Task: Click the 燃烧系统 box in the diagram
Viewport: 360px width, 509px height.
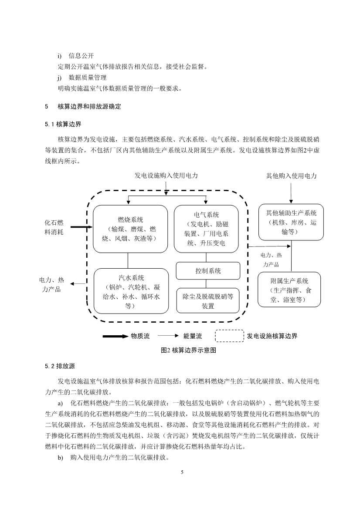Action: pos(130,229)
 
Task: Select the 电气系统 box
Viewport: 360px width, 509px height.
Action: pos(206,229)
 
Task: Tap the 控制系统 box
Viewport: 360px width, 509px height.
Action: pos(208,271)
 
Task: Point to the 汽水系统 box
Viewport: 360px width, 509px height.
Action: pos(131,290)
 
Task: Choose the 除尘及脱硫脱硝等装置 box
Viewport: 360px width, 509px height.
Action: pos(208,300)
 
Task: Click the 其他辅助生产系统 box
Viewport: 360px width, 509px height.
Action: pos(291,222)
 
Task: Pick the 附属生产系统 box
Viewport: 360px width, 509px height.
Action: pos(289,290)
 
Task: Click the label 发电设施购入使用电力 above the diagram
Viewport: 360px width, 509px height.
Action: pos(166,175)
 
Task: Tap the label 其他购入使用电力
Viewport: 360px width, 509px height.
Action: pos(291,176)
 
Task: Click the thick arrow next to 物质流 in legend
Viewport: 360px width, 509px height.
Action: pos(115,336)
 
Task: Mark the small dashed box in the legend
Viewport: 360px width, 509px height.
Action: pos(229,336)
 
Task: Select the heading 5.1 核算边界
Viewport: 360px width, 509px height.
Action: pos(63,124)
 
